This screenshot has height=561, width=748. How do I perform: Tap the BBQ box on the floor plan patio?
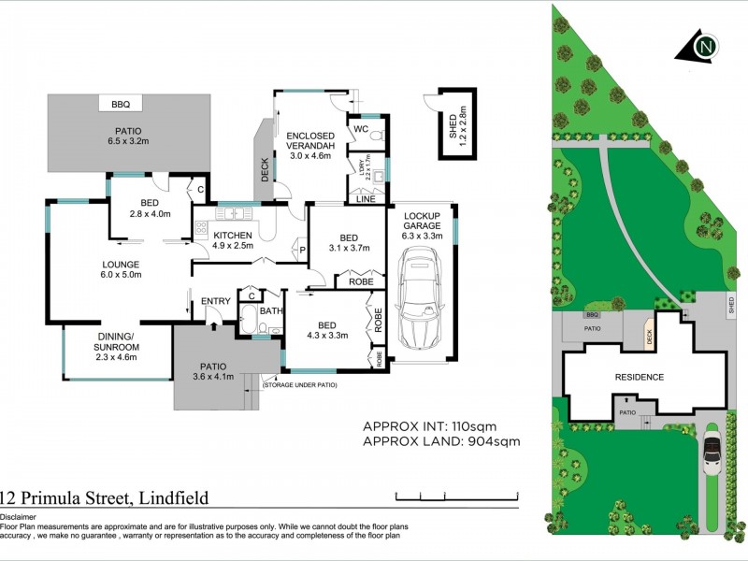coord(120,105)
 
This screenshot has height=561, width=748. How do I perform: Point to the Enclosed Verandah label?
coord(310,147)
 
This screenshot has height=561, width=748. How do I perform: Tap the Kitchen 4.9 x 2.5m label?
coord(234,240)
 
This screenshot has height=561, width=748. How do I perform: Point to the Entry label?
coord(216,300)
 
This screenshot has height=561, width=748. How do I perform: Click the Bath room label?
coord(271,311)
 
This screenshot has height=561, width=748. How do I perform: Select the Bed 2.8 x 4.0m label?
coord(149,209)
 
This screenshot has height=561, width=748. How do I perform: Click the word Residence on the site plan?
coord(639,378)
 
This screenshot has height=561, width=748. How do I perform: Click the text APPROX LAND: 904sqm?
coord(441,441)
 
